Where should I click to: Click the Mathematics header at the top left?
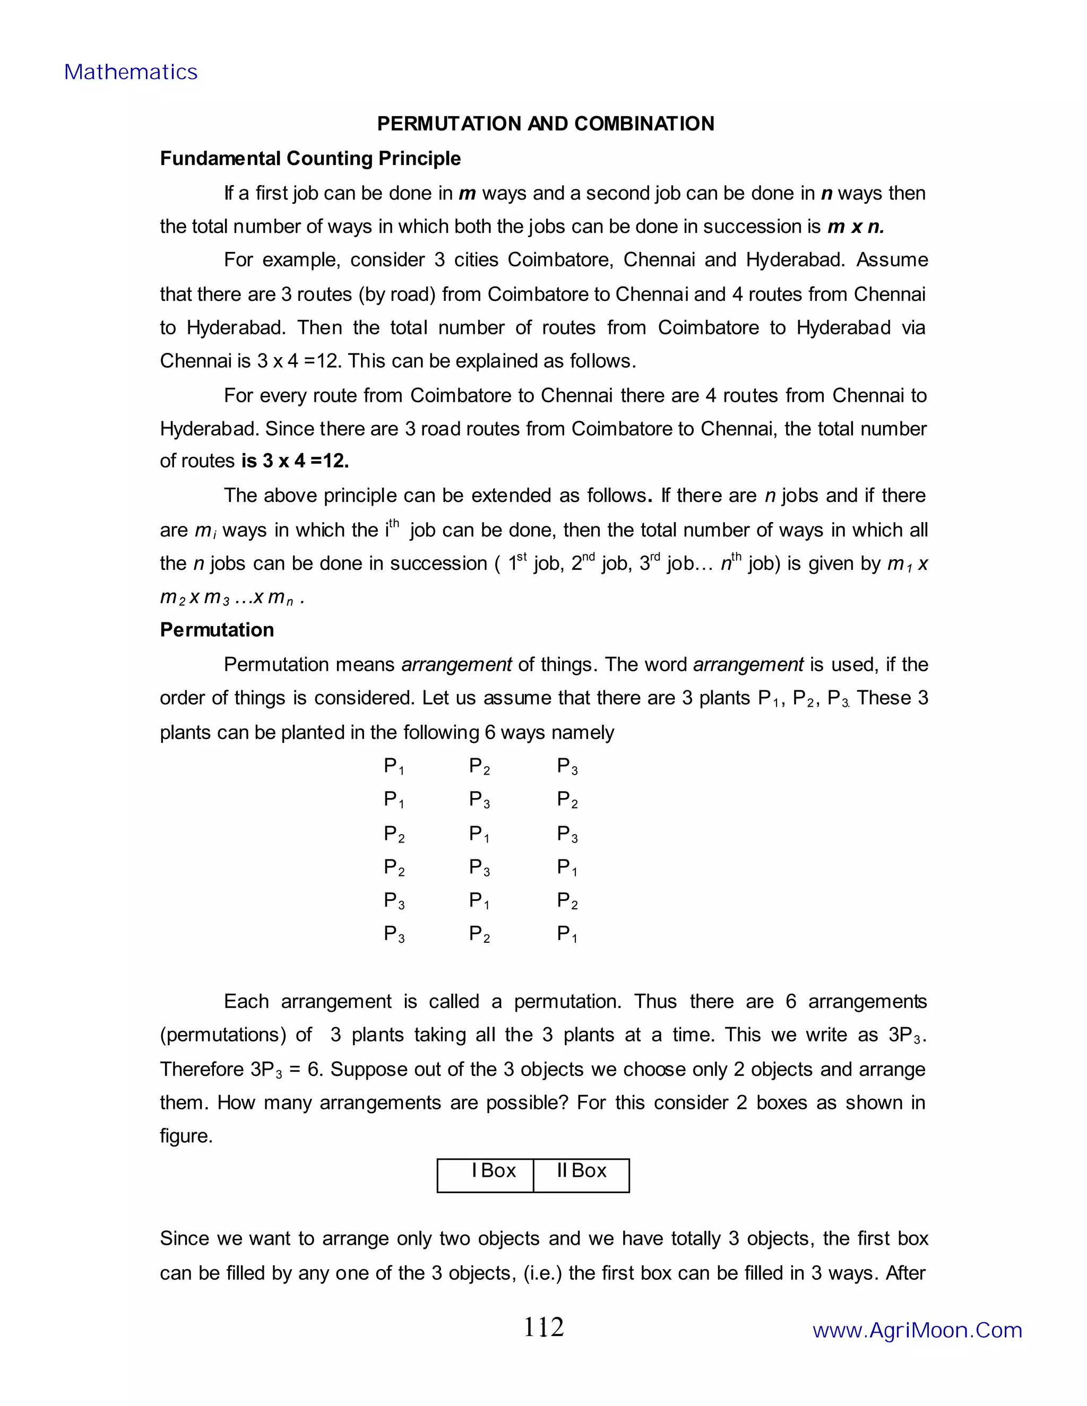point(131,72)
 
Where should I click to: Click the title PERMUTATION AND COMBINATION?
point(546,124)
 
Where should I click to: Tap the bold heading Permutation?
point(217,630)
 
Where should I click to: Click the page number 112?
point(543,1327)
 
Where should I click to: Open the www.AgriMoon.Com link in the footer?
point(917,1330)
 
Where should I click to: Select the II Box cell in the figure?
point(582,1171)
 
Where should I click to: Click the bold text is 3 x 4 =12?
point(295,461)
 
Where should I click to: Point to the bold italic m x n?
point(855,227)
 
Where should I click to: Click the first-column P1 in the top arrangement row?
point(393,766)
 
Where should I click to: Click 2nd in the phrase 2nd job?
point(583,563)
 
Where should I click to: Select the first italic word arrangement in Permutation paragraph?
point(456,664)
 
